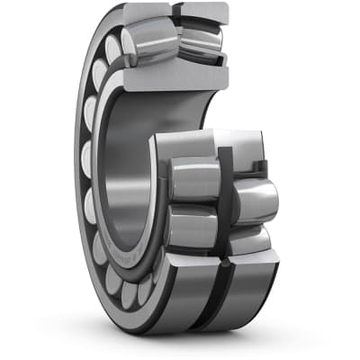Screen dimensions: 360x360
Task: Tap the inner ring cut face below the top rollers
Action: pyautogui.click(x=175, y=75)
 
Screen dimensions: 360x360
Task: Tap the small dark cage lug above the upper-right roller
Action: pyautogui.click(x=261, y=167)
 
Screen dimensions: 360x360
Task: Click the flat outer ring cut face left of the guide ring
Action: pyautogui.click(x=184, y=144)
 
